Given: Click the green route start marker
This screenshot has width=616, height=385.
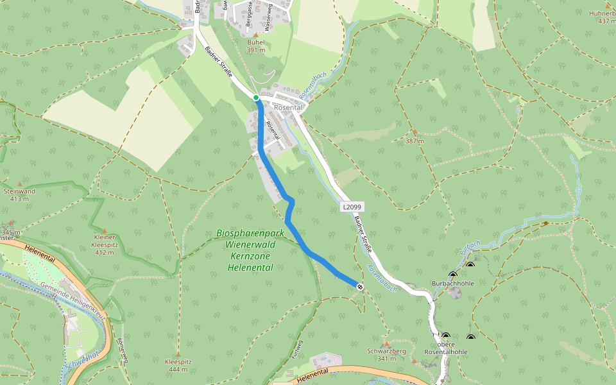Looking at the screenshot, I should (x=256, y=98).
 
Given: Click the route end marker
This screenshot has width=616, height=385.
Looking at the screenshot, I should (x=360, y=287).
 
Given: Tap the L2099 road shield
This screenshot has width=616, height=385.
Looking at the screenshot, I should (x=352, y=207).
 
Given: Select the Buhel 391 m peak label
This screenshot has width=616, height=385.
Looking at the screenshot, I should (x=255, y=46).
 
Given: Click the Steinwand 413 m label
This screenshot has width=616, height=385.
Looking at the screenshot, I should (x=19, y=194).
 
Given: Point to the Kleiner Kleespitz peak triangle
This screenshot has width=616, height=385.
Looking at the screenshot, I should (x=104, y=230).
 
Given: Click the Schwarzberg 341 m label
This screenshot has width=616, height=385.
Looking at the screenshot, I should (x=386, y=354).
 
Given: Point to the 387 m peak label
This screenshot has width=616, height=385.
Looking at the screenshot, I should (x=415, y=141).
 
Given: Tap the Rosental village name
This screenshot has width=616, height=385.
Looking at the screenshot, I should (x=289, y=107).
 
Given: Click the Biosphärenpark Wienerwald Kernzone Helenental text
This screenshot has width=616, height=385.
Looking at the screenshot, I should (x=250, y=250).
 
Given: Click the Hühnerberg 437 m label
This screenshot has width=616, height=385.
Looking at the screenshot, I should (x=603, y=17).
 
